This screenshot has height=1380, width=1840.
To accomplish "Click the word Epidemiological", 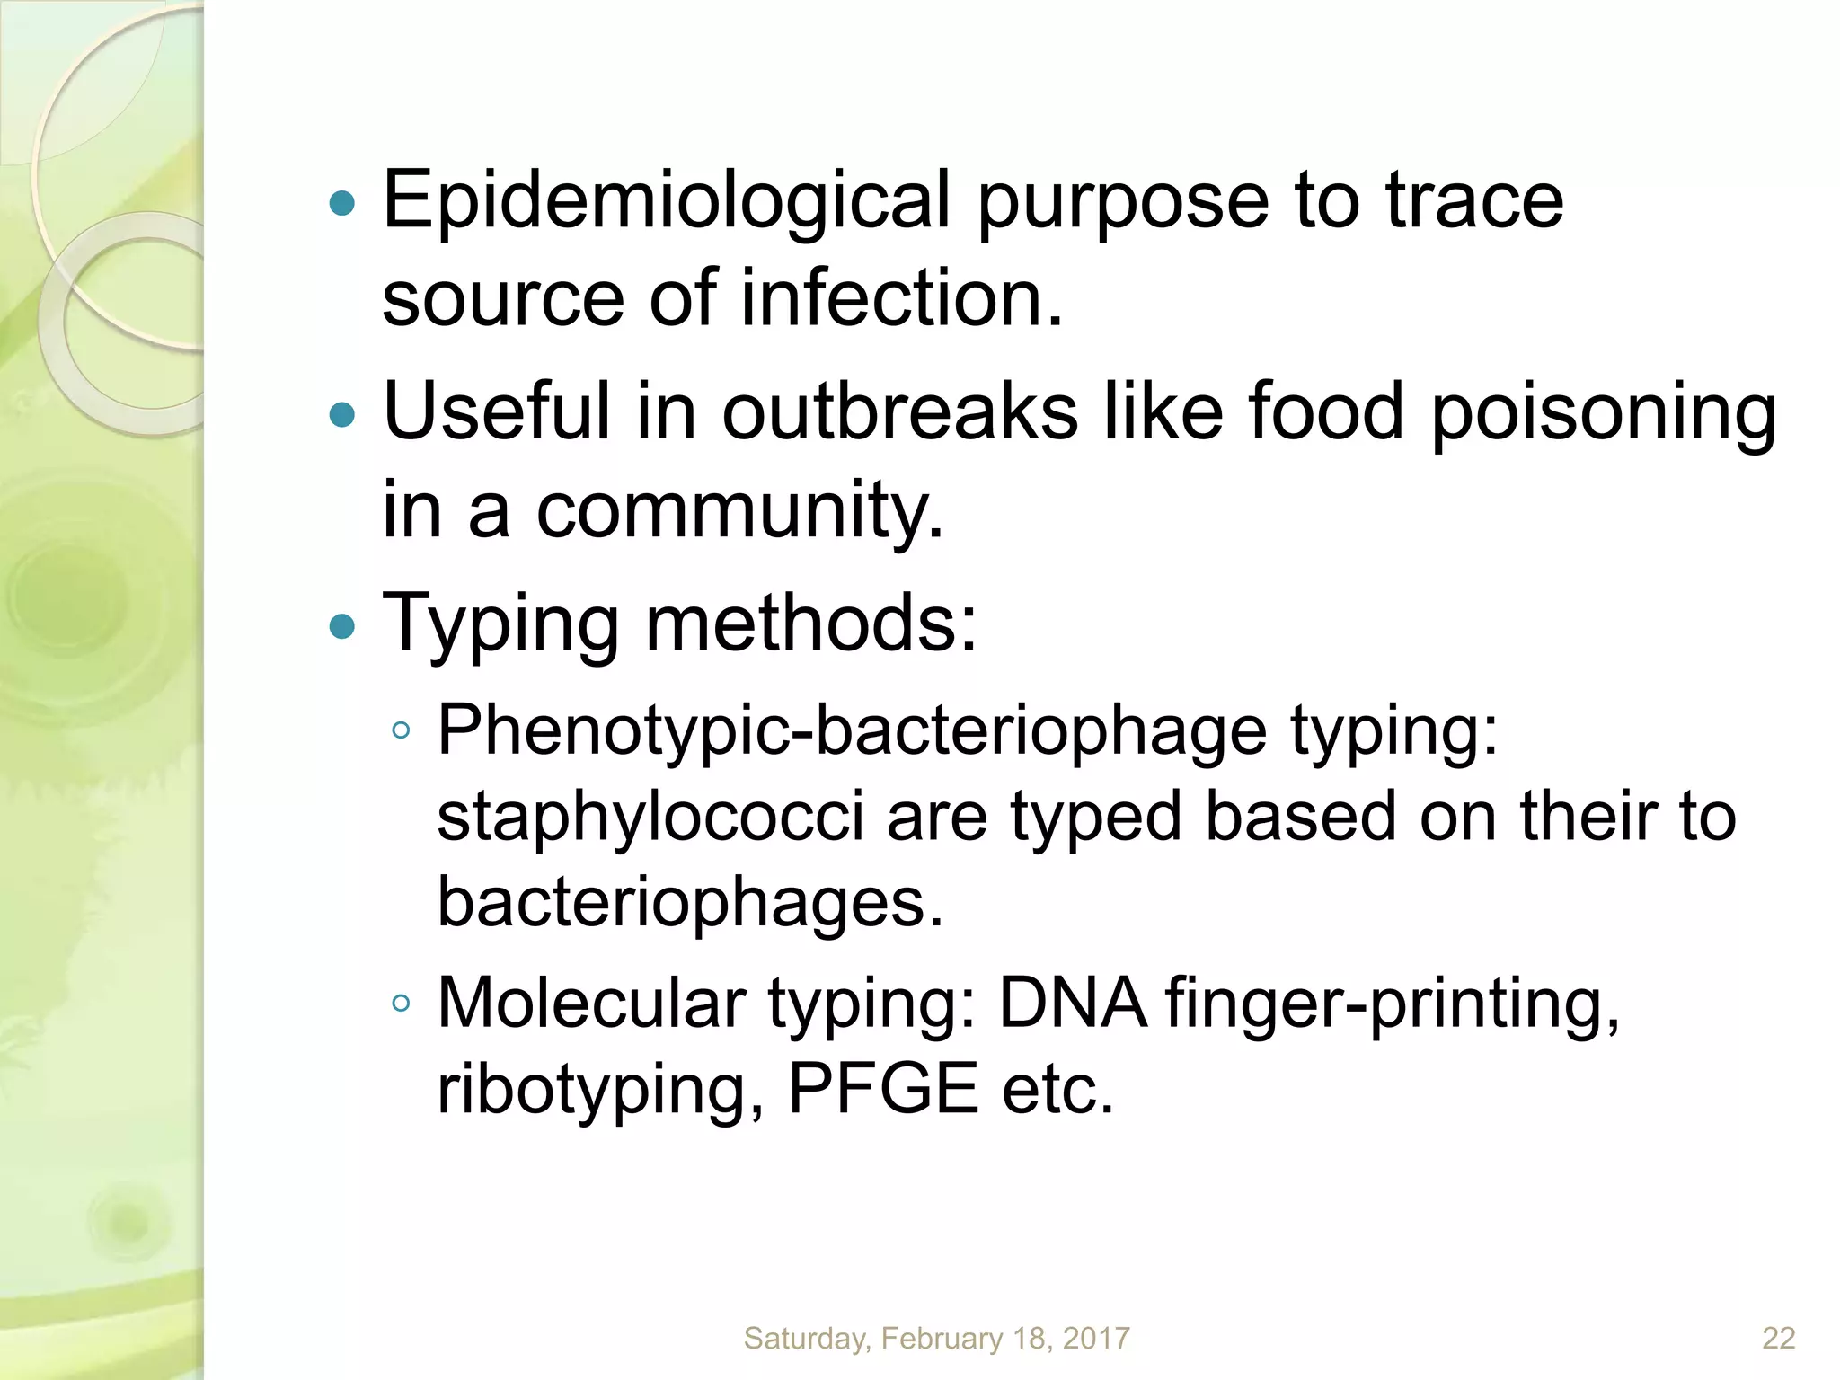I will tap(666, 201).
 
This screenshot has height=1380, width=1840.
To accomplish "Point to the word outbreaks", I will tap(899, 411).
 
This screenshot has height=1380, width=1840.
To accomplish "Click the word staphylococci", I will tap(650, 818).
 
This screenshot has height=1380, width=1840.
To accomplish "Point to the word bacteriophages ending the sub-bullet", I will tap(690, 903).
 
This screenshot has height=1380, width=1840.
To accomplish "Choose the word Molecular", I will tap(591, 1003).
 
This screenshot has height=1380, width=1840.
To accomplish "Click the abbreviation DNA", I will tap(1072, 1003).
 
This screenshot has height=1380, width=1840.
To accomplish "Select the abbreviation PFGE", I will tap(882, 1089).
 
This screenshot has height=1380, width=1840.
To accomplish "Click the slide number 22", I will tap(1778, 1339).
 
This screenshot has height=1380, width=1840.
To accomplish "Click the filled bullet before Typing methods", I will tap(342, 625).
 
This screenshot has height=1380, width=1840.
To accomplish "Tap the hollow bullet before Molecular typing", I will tap(401, 1003).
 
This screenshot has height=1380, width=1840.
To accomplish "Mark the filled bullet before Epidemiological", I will tap(342, 204).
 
